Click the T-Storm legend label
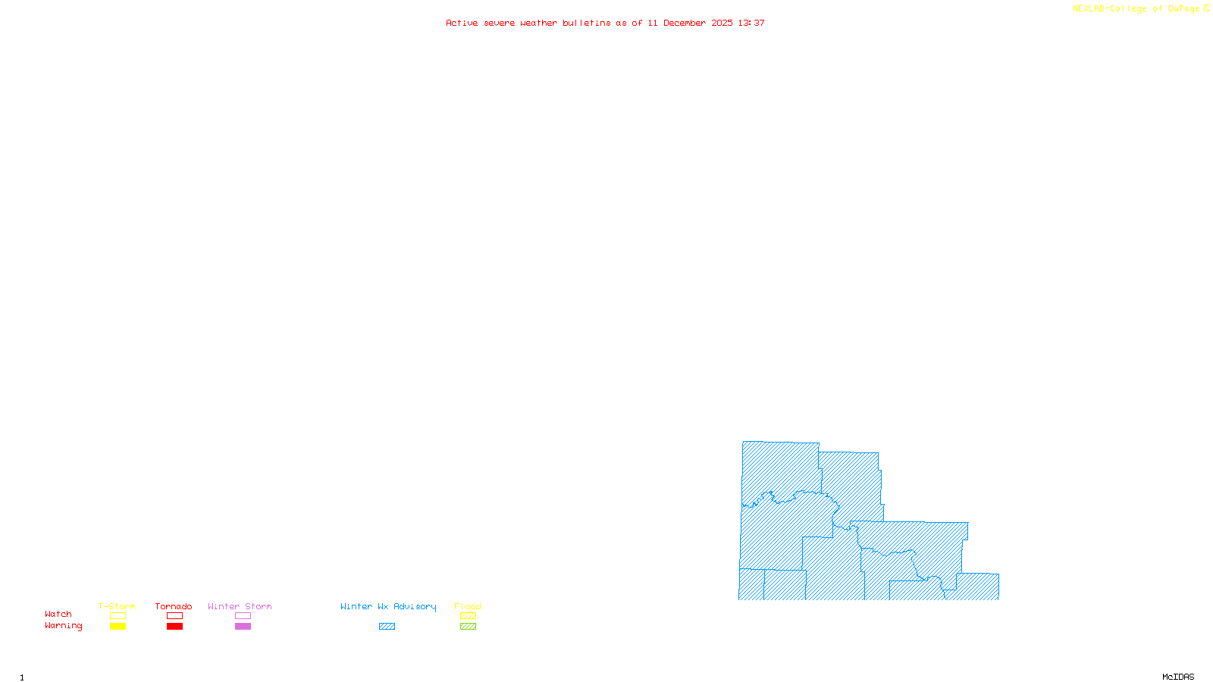pos(117,606)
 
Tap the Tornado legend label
pos(174,606)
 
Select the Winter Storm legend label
pos(240,606)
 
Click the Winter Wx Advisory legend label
pos(388,606)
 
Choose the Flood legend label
pos(468,606)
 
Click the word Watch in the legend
pos(58,614)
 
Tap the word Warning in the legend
pos(64,626)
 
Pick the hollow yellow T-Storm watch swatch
pos(118,616)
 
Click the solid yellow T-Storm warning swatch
pos(118,627)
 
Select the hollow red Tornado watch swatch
pos(174,616)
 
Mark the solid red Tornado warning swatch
pos(174,627)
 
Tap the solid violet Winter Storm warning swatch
pos(243,627)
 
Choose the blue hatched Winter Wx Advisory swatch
pos(387,627)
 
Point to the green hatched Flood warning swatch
pos(468,627)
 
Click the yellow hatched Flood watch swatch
pos(468,616)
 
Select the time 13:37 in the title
pos(751,23)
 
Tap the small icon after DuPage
pos(1206,8)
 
